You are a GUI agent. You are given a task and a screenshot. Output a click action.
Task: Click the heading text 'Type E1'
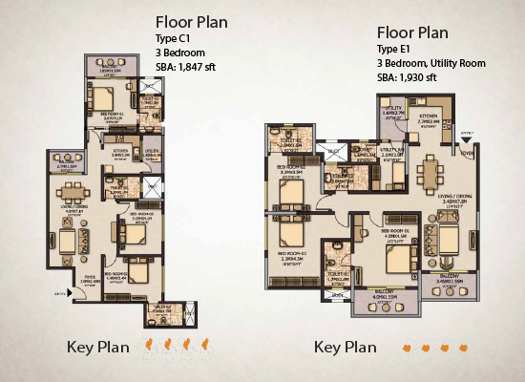tap(398, 49)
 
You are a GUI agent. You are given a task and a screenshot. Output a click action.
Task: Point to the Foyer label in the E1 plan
tap(468, 150)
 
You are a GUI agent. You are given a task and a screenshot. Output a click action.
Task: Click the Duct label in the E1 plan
tap(334, 150)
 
